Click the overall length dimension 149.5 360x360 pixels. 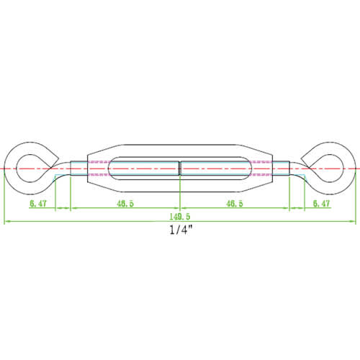point(181,215)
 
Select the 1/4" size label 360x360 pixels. point(181,231)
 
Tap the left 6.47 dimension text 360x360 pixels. point(39,204)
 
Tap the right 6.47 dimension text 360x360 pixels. point(323,204)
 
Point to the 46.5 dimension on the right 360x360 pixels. point(235,204)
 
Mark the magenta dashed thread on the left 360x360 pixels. point(99,168)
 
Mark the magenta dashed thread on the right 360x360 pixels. point(262,168)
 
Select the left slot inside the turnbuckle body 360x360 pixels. point(142,168)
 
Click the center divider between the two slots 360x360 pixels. point(180,168)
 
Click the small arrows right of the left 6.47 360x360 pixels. point(63,209)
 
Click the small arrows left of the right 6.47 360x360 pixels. point(297,209)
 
